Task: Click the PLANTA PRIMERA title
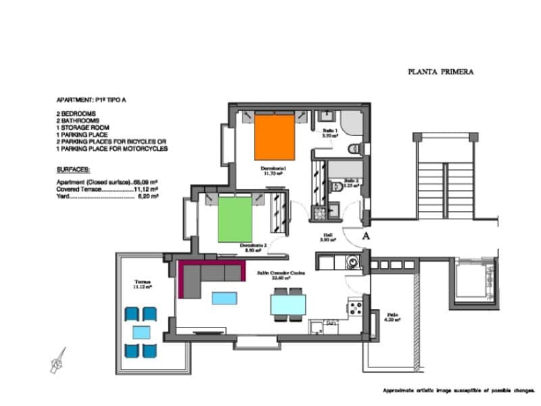(x=440, y=71)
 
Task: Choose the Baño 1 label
(x=329, y=131)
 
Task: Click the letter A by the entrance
(x=366, y=236)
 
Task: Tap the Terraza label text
(x=142, y=284)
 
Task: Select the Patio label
(x=392, y=317)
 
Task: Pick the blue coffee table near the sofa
(x=224, y=298)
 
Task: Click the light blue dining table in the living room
(x=287, y=304)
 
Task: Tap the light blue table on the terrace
(x=141, y=332)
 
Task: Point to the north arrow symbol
(x=57, y=360)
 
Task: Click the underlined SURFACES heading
(x=74, y=169)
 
